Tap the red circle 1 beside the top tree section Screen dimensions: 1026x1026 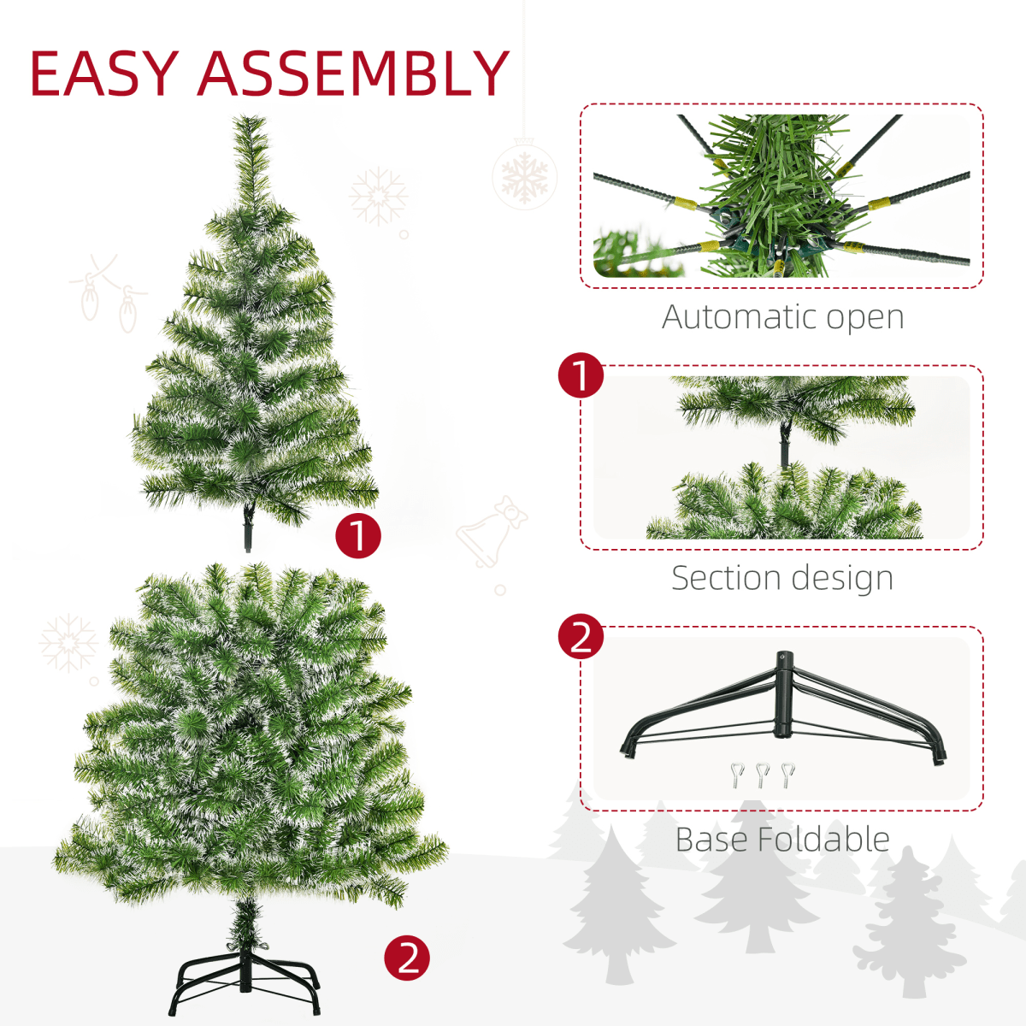(357, 535)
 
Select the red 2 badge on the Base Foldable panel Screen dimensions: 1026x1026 (581, 638)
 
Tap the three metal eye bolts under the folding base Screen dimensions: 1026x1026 (763, 775)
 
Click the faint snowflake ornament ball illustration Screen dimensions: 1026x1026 (524, 175)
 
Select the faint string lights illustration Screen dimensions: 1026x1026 (108, 291)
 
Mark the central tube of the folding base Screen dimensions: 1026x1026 (782, 694)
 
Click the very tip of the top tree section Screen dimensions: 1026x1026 (250, 120)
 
